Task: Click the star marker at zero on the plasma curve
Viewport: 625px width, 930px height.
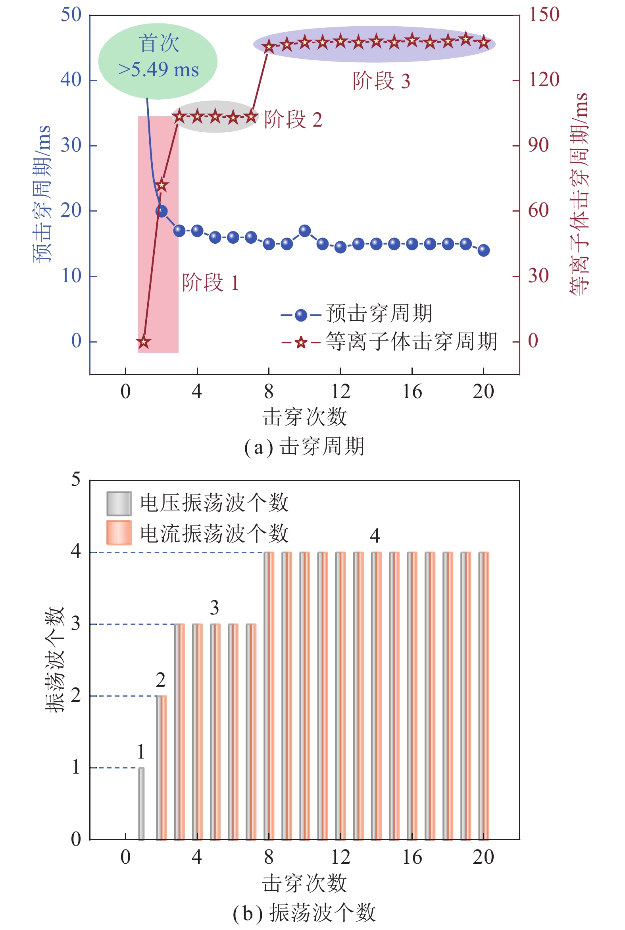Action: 144,342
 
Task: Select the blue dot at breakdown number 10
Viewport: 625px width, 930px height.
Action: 305,231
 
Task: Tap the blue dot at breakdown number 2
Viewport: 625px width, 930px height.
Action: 162,211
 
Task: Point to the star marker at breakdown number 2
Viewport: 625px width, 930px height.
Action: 162,185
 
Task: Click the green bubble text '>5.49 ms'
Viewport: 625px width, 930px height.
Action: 159,70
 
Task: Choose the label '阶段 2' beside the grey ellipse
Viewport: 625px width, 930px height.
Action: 293,119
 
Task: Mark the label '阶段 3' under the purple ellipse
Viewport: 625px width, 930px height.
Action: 381,81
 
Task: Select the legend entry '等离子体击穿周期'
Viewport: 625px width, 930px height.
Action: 412,342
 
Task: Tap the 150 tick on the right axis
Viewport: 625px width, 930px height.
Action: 544,15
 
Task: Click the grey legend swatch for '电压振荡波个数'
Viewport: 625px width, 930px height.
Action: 119,503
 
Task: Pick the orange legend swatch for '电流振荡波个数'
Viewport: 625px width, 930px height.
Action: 119,533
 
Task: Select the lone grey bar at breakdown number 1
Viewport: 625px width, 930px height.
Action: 141,803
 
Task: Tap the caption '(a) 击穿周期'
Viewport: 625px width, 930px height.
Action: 304,447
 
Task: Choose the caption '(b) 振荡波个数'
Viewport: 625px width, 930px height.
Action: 304,913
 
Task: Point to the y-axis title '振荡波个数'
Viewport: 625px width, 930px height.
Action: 55,660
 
